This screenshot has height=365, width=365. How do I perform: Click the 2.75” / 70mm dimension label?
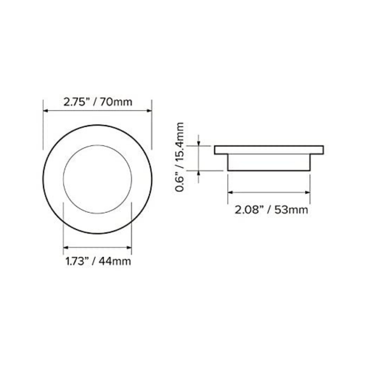pyautogui.click(x=98, y=102)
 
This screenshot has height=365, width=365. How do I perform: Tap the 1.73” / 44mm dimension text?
pyautogui.click(x=98, y=261)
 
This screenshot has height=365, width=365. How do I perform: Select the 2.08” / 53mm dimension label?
pyautogui.click(x=271, y=210)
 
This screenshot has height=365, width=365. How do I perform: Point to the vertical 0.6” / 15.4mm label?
pyautogui.click(x=179, y=157)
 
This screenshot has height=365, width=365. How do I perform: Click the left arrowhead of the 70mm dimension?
pyautogui.click(x=45, y=110)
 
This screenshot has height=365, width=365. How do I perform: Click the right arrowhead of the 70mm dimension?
pyautogui.click(x=149, y=110)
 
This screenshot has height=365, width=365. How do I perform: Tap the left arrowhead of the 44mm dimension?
pyautogui.click(x=66, y=247)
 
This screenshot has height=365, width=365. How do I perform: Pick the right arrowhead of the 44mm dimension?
pyautogui.click(x=129, y=247)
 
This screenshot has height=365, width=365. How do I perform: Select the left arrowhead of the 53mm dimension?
pyautogui.click(x=230, y=192)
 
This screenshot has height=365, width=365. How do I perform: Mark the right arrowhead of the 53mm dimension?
pyautogui.click(x=308, y=192)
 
